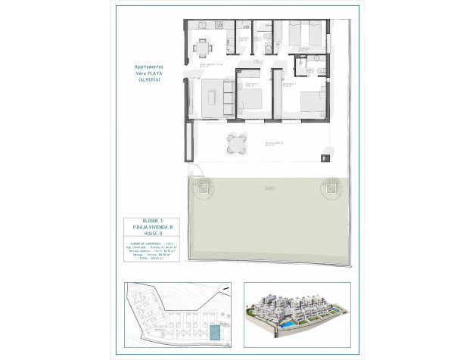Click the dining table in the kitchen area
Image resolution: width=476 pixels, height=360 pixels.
coord(201,48)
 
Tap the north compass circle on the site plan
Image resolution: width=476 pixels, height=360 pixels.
coord(222,288)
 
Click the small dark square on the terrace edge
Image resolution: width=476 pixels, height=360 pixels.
coord(326,157)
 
